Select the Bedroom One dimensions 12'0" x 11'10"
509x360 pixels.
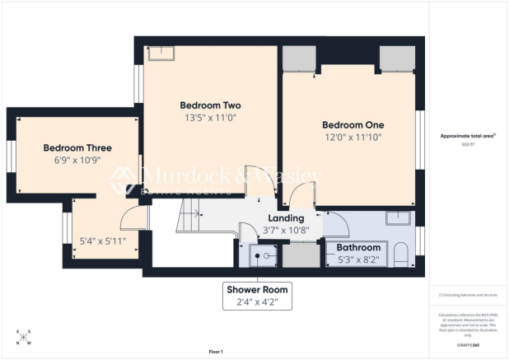click(353, 138)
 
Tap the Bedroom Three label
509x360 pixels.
click(77, 148)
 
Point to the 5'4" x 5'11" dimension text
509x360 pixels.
click(101, 241)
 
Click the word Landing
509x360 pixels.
click(286, 217)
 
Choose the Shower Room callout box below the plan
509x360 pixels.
click(257, 295)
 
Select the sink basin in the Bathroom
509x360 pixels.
click(399, 218)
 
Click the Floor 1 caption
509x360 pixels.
click(216, 352)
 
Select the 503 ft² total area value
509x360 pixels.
click(468, 144)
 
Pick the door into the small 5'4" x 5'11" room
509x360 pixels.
click(132, 219)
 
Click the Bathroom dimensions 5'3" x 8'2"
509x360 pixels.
click(358, 259)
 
